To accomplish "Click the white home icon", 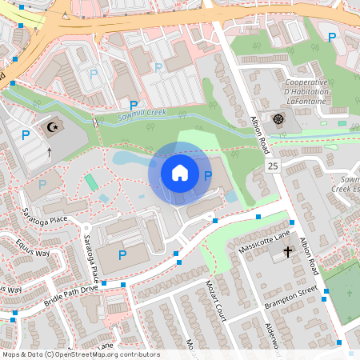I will [180, 173].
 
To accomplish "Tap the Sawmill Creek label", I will [142, 114].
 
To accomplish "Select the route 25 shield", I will [273, 166].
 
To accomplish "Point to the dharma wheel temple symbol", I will [278, 119].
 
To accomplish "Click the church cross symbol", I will [288, 251].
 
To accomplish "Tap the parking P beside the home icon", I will [208, 175].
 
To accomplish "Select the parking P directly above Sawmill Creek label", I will [134, 104].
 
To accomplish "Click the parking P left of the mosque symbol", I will [25, 135].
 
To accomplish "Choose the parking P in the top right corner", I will [332, 36].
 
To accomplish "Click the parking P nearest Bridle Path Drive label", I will [122, 255].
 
